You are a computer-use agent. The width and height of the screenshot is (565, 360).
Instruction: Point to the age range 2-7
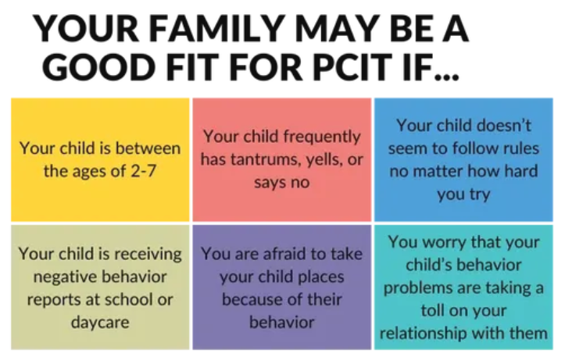point(143,171)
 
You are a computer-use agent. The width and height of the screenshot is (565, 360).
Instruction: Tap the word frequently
point(321,137)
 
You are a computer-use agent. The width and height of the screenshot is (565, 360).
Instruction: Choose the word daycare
point(100,323)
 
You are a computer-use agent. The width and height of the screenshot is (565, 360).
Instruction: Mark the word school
point(124,300)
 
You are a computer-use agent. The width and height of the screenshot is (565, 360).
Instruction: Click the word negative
point(63,277)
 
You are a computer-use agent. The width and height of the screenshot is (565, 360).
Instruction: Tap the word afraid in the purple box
point(285,254)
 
